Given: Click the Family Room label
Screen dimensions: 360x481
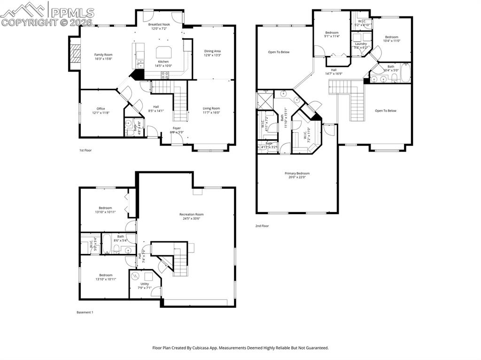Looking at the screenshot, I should (x=103, y=54).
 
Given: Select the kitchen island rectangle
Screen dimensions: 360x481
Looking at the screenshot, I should (x=163, y=52).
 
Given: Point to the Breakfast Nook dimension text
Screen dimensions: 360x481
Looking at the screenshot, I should (x=159, y=29).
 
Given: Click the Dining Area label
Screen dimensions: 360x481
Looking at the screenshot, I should (x=212, y=51).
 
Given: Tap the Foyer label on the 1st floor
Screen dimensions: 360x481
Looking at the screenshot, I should (x=177, y=128).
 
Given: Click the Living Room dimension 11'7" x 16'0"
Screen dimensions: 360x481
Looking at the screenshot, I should (x=211, y=113).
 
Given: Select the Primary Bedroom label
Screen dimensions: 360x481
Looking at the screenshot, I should (x=297, y=173).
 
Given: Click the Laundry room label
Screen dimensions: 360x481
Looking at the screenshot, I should (x=361, y=44).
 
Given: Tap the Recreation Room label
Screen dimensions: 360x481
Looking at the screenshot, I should (x=192, y=214).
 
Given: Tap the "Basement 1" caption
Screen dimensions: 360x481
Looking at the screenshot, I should (x=85, y=312).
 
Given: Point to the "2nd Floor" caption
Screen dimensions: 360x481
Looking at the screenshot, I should (x=262, y=226).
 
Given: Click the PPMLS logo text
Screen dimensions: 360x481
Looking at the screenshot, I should (x=72, y=12).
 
